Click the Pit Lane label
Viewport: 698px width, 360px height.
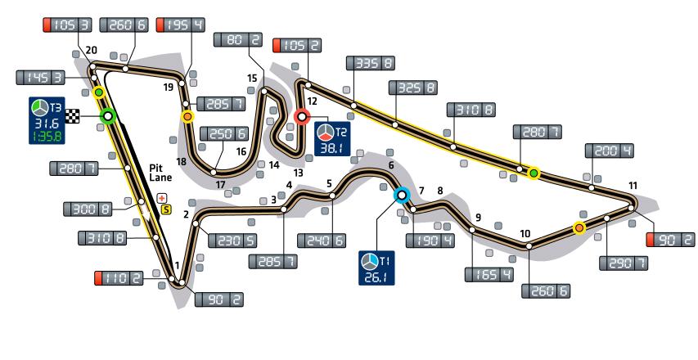click(x=159, y=176)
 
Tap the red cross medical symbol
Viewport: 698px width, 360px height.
click(x=161, y=197)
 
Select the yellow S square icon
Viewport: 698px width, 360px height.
click(x=166, y=209)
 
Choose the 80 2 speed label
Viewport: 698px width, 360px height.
click(x=237, y=40)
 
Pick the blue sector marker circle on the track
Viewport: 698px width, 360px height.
click(x=401, y=195)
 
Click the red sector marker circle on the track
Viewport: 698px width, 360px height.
click(x=302, y=117)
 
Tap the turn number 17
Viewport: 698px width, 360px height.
click(x=221, y=184)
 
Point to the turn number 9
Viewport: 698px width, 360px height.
click(x=477, y=217)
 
